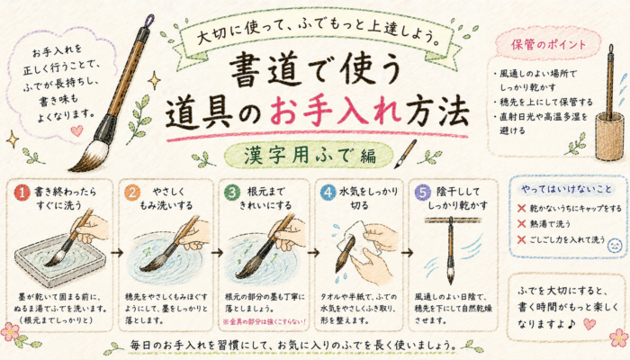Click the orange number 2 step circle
(132, 193)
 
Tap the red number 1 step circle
(22, 193)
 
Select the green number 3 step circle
(232, 193)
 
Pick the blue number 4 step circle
(328, 193)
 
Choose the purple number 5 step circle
(423, 193)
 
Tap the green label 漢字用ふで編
(310, 156)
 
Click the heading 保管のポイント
(548, 44)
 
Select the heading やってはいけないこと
(566, 189)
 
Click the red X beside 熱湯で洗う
(521, 224)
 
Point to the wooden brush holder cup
(609, 136)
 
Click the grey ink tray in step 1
(60, 260)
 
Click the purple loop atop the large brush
(149, 20)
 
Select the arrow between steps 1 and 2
(117, 253)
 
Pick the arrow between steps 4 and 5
(407, 253)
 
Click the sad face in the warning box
(614, 246)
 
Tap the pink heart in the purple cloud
(76, 130)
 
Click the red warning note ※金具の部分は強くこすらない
(265, 321)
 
